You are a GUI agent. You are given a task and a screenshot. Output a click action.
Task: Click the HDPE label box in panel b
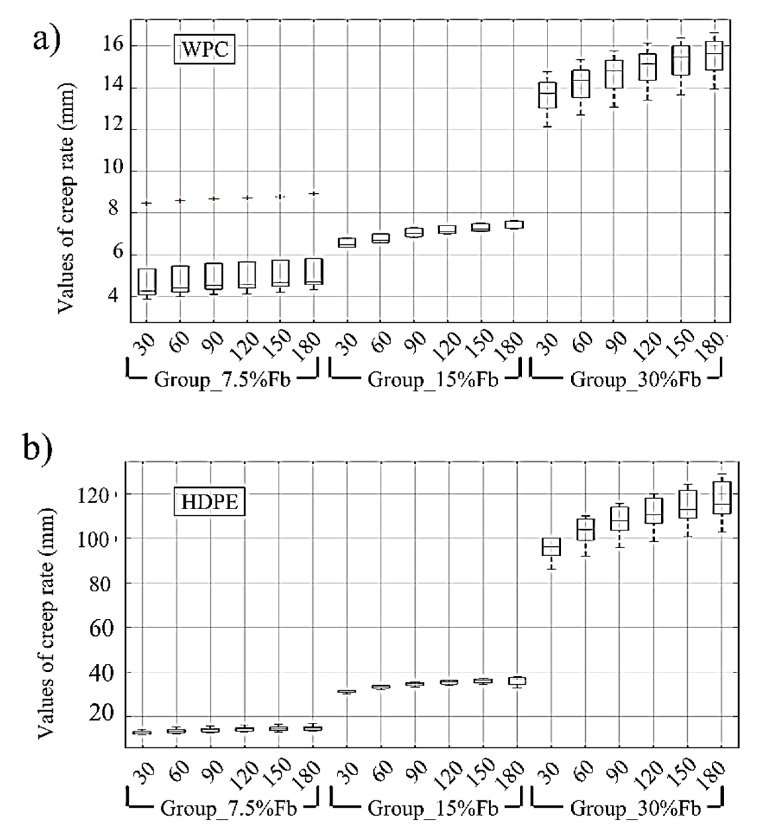209,502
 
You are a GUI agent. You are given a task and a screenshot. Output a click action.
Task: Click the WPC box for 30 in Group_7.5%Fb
147,282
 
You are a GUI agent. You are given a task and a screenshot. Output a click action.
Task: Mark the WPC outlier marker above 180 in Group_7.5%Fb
314,194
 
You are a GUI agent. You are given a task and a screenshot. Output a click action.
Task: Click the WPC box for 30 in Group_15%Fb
347,243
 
